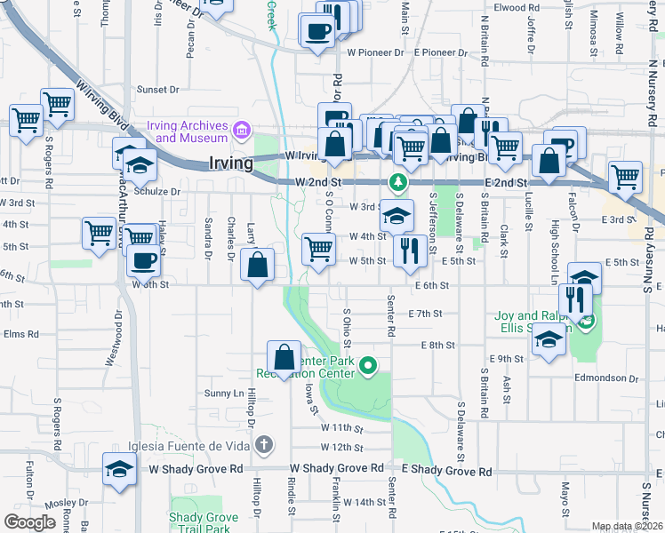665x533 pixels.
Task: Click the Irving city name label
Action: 231,163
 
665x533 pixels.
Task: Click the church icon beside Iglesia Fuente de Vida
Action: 263,444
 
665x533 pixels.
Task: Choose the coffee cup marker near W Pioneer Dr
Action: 317,33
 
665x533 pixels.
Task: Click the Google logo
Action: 29,522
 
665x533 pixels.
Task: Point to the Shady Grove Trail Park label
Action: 203,523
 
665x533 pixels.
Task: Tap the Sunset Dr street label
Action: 158,89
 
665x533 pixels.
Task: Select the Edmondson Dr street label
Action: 624,378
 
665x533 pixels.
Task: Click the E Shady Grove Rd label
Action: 446,469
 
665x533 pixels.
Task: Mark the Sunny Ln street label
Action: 223,393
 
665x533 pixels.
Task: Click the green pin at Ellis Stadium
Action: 586,322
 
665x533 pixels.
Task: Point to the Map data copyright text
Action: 627,526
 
